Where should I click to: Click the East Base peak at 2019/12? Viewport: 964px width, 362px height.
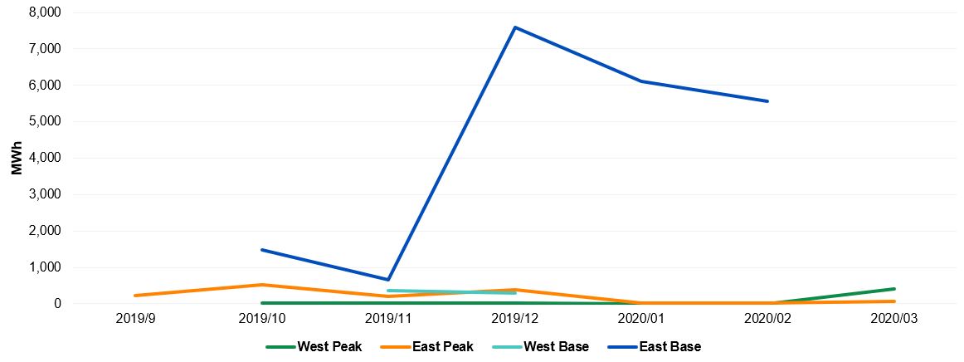[x=515, y=27]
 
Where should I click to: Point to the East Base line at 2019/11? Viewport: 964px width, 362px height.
[x=388, y=280]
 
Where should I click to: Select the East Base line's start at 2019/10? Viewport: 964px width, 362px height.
[x=262, y=249]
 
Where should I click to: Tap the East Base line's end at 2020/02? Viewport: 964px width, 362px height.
[x=768, y=101]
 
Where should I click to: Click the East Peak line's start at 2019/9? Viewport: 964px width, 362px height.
[x=135, y=296]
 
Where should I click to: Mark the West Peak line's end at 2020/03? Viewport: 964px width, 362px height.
[x=894, y=289]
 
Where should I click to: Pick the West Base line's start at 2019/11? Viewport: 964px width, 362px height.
[x=388, y=291]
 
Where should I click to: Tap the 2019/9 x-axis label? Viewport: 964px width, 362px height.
[x=135, y=319]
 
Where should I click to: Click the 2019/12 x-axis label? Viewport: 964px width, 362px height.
[x=515, y=319]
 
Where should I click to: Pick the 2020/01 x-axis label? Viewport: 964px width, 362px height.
[x=641, y=319]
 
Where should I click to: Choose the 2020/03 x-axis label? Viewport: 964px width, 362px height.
[x=894, y=319]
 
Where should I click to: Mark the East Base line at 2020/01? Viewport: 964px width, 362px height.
[x=641, y=81]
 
